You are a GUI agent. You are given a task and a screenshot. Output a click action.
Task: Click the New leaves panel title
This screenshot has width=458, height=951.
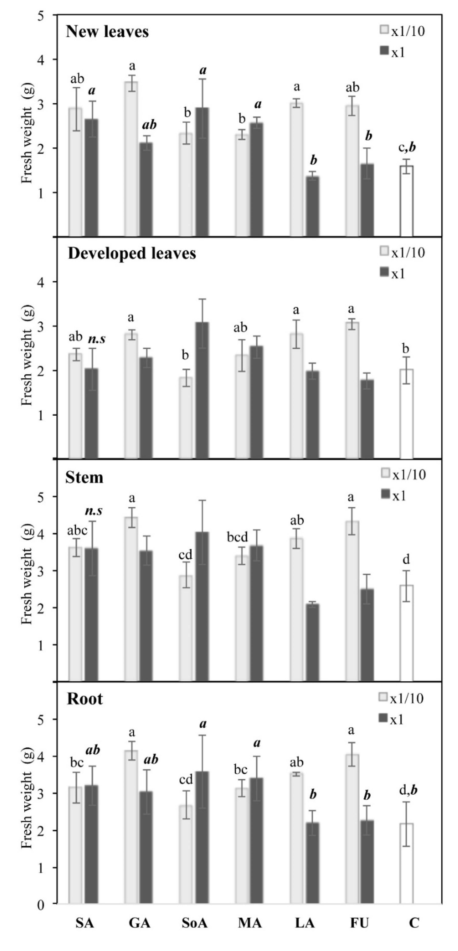107,32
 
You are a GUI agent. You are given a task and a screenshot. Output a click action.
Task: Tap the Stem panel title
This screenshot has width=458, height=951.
84,477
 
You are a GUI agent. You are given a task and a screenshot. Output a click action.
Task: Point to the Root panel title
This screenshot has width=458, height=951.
84,699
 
